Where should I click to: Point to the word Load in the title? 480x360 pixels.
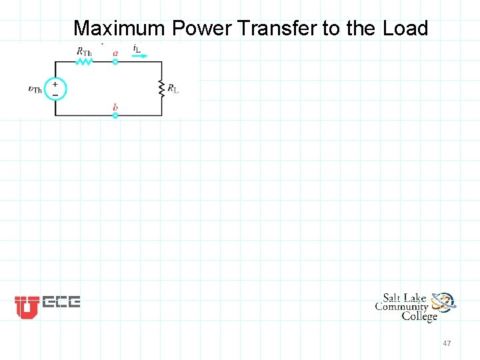pyautogui.click(x=405, y=28)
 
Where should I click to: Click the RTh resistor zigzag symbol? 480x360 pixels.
pyautogui.click(x=85, y=61)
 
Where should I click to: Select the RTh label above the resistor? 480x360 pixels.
pyautogui.click(x=84, y=51)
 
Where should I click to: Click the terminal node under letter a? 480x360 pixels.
pyautogui.click(x=115, y=61)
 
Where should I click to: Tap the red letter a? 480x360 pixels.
pyautogui.click(x=115, y=53)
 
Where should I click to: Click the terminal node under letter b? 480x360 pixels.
pyautogui.click(x=115, y=115)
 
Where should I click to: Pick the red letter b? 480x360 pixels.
pyautogui.click(x=115, y=107)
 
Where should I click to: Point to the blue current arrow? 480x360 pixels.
pyautogui.click(x=140, y=57)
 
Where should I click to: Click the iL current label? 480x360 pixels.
pyautogui.click(x=137, y=49)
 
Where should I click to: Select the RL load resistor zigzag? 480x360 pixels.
pyautogui.click(x=161, y=88)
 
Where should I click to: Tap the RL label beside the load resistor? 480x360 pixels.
pyautogui.click(x=173, y=88)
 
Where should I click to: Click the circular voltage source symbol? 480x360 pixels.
pyautogui.click(x=55, y=89)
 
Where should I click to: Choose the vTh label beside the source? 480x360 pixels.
pyautogui.click(x=35, y=89)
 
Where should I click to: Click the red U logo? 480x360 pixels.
pyautogui.click(x=27, y=307)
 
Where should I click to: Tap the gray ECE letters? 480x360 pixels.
pyautogui.click(x=61, y=302)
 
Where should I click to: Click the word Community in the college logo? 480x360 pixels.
pyautogui.click(x=401, y=307)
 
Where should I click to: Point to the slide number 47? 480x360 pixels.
pyautogui.click(x=447, y=343)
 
